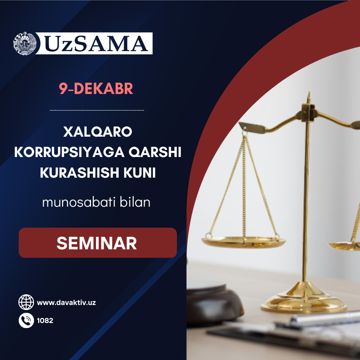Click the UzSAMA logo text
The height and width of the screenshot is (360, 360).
point(96,43)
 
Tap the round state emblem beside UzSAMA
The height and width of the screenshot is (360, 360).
point(25,43)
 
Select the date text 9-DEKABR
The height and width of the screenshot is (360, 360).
point(96,88)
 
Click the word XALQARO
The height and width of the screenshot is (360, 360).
point(98,132)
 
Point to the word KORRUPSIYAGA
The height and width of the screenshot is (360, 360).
point(69,152)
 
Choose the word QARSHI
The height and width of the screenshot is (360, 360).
point(155,152)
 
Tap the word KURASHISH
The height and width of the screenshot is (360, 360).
point(80,172)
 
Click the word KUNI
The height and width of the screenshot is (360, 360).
point(140,172)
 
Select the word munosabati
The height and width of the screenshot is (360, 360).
point(79,202)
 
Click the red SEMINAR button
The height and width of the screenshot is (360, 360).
point(98,243)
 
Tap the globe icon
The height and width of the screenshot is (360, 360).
point(26,302)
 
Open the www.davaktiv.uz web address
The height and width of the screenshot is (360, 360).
point(66,303)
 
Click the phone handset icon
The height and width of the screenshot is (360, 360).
point(26,320)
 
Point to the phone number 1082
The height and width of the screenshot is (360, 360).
point(45,321)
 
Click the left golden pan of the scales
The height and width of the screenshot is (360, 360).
point(244,242)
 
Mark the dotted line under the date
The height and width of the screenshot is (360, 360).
point(97,110)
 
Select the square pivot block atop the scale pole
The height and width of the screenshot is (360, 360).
point(308,112)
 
